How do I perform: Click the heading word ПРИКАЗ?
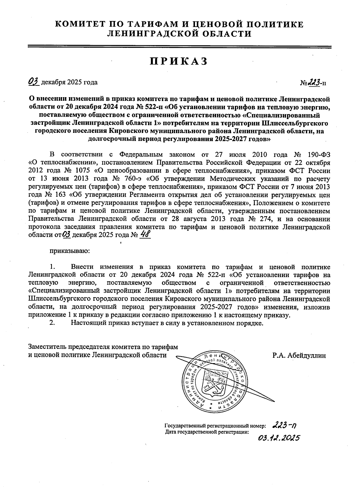pos(179,61)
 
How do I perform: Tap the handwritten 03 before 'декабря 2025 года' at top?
pos(34,82)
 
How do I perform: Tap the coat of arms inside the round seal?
pos(213,381)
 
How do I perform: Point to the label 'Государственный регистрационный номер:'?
pos(215,426)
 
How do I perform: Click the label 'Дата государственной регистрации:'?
pos(207,432)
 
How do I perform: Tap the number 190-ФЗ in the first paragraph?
pos(319,155)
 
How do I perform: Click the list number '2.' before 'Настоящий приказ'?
pos(52,323)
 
